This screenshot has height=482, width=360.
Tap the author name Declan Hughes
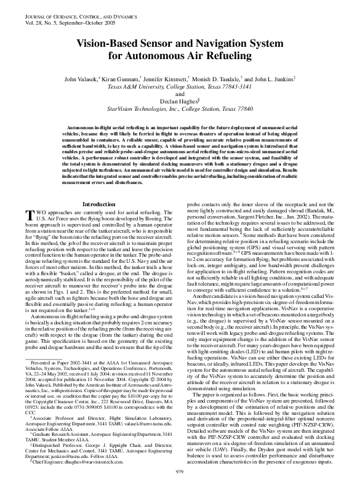pos(180,102)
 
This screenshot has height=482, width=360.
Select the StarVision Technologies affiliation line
pos(180,109)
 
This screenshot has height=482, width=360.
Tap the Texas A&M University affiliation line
pos(180,87)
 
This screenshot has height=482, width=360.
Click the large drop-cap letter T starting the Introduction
pos(28,198)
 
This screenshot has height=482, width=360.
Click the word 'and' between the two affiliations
pos(180,94)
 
